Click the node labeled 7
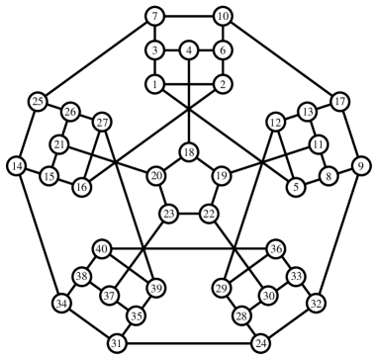154,16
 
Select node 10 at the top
223,16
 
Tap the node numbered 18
188,151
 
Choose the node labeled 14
16,164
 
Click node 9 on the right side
361,164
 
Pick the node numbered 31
118,342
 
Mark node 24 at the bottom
260,342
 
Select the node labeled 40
102,248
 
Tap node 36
276,248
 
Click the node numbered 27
102,123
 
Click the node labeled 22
209,213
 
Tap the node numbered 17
339,101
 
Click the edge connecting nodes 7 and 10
188,16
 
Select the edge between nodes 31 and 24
189,342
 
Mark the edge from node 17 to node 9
350,133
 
